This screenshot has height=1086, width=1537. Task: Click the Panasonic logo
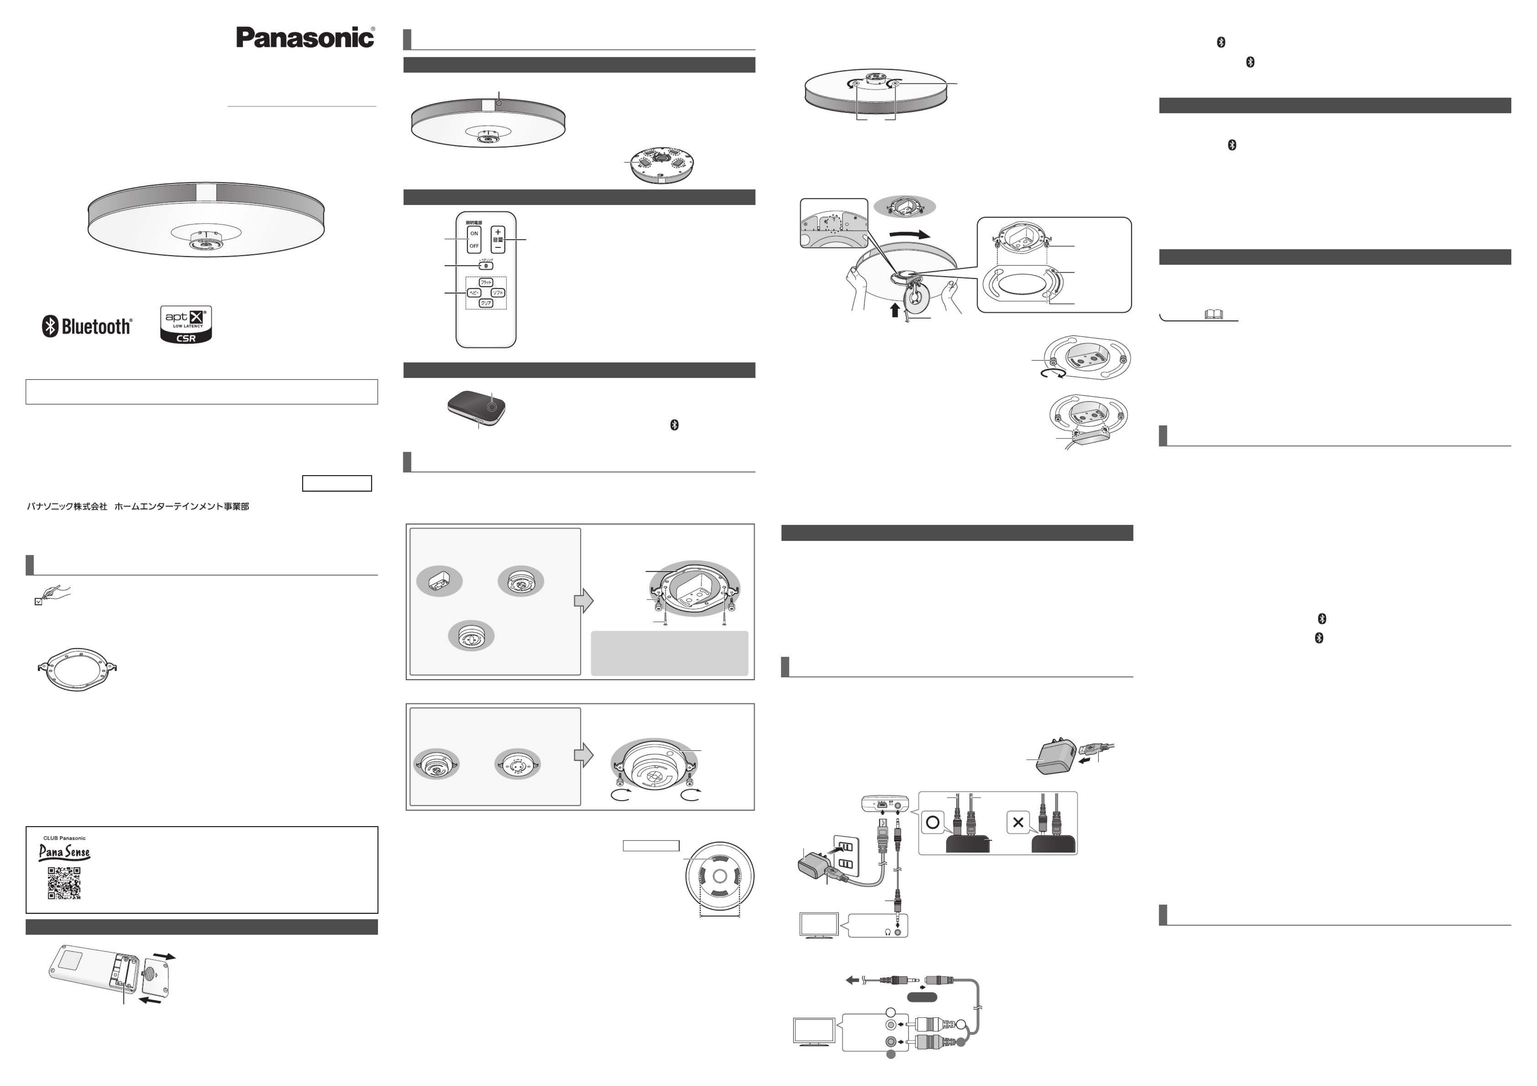[x=305, y=38]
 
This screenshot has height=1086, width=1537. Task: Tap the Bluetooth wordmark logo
[x=88, y=327]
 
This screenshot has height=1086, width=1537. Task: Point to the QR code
[x=64, y=883]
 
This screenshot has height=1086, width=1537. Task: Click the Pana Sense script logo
[x=64, y=852]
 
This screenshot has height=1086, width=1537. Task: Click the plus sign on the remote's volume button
[x=497, y=232]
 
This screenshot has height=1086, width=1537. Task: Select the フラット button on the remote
[x=486, y=283]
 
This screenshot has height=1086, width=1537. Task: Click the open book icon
[x=1213, y=314]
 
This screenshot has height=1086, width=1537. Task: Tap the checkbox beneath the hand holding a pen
[x=38, y=602]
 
